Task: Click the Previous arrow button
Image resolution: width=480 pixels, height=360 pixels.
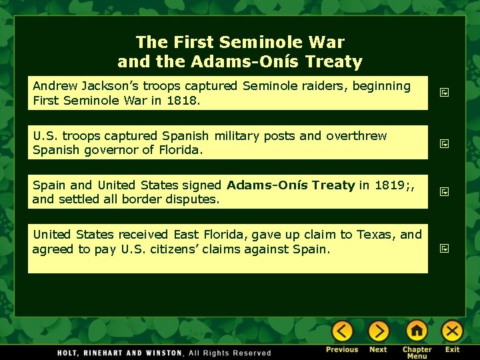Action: pyautogui.click(x=342, y=331)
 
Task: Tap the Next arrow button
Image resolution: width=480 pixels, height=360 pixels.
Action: pyautogui.click(x=378, y=331)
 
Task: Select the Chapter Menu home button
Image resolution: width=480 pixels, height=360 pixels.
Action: pyautogui.click(x=417, y=331)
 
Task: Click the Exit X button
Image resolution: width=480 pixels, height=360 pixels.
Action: pyautogui.click(x=453, y=331)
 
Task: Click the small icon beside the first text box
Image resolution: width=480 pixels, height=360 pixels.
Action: pyautogui.click(x=445, y=93)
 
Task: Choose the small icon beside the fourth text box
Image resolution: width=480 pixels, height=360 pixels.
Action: pyautogui.click(x=445, y=249)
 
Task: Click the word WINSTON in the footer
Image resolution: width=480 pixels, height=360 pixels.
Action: pyautogui.click(x=161, y=353)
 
